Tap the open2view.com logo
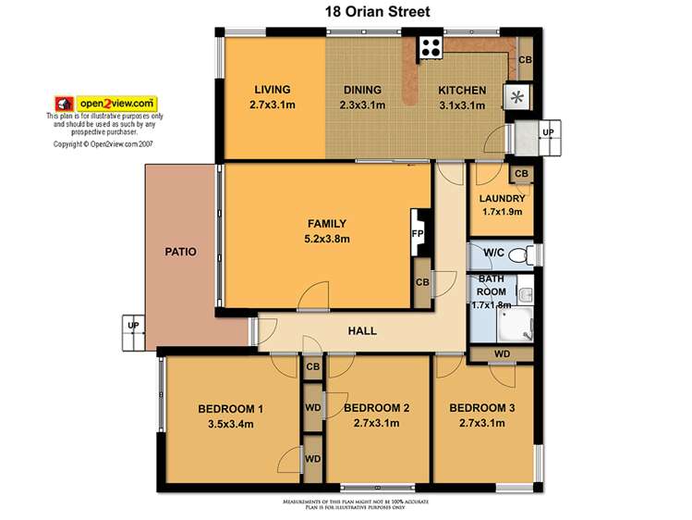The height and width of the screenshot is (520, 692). (107, 103)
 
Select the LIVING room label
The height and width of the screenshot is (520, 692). (273, 90)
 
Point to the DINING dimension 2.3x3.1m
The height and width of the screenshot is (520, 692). (361, 105)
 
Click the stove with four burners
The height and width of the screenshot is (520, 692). (430, 47)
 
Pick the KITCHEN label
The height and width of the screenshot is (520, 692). (462, 90)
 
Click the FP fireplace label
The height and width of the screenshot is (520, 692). (417, 234)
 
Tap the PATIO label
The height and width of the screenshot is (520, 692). (181, 251)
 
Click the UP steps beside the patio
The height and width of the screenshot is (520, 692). (133, 326)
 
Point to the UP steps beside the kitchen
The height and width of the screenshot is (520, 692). (547, 132)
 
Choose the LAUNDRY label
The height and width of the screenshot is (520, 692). (503, 198)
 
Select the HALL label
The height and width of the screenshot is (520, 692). (362, 330)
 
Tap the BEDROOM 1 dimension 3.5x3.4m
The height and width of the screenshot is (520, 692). (231, 424)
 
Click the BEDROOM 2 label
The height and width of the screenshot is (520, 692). (376, 408)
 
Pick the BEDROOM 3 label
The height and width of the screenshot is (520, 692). (482, 408)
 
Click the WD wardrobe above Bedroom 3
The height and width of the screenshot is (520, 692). (503, 353)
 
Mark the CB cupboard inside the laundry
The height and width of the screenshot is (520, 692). (520, 173)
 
